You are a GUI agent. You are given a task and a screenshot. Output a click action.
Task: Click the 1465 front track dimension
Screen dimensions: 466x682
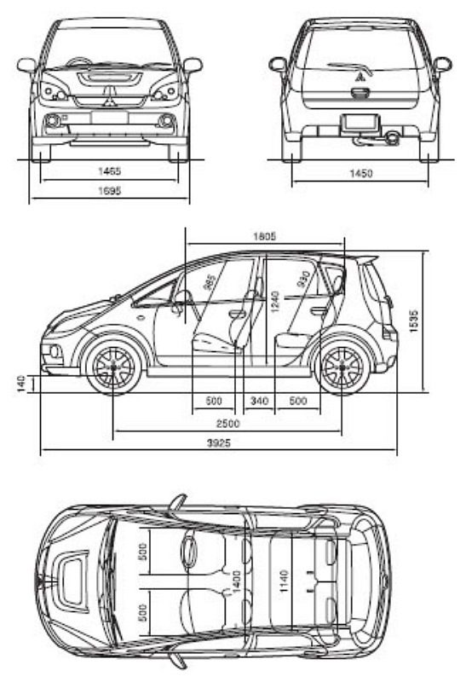pos(109,171)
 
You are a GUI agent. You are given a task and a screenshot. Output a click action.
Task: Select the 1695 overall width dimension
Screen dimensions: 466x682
pos(109,190)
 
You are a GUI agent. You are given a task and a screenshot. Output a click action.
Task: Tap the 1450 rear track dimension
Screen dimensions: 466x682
pos(361,174)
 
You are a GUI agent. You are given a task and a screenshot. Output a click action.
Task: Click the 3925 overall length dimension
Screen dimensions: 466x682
pos(219,443)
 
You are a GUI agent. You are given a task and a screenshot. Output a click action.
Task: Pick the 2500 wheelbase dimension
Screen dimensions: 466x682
pos(227,423)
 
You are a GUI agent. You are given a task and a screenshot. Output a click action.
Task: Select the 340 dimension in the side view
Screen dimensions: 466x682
pos(259,400)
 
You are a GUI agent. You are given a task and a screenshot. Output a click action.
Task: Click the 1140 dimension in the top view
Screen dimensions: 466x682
pos(285,581)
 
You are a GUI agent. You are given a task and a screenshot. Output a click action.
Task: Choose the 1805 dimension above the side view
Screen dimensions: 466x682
pos(264,236)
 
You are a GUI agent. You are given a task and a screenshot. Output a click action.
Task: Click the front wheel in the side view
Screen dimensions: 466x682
pos(113,367)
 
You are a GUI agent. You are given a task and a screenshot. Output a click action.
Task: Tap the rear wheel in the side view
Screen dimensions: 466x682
pos(342,367)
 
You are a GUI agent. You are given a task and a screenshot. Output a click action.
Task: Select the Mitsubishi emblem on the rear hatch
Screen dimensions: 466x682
pos(360,78)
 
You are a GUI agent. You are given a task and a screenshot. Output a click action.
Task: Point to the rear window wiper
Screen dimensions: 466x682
pos(350,68)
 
